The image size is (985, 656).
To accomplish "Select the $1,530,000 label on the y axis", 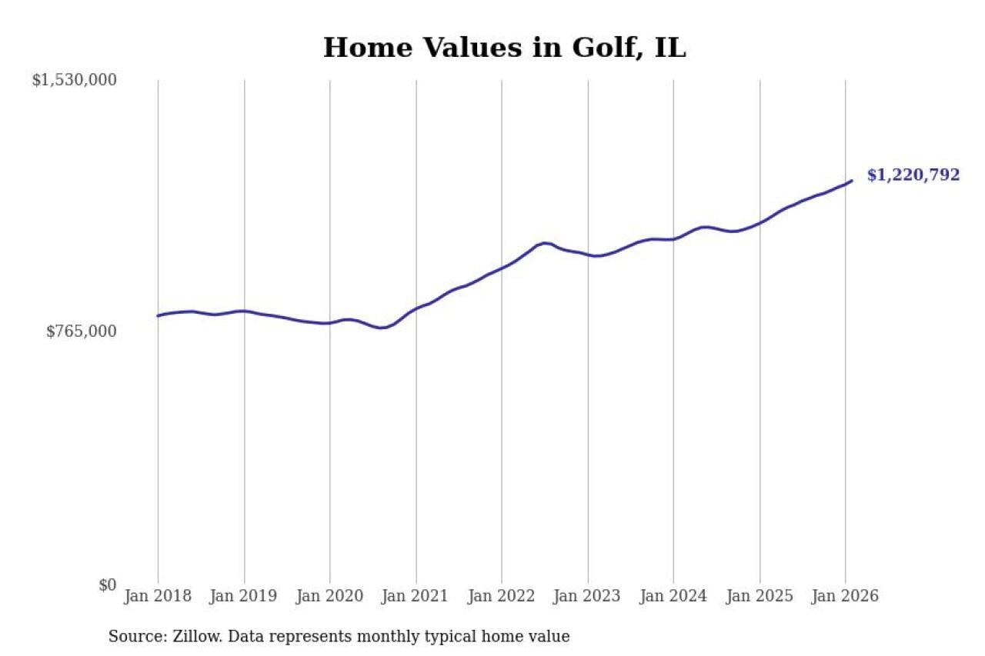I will pos(74,80).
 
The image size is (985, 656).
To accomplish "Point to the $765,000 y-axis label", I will pos(82,331).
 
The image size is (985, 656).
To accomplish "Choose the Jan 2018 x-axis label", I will pos(159,596).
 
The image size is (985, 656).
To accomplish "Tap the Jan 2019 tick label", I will pos(245,596).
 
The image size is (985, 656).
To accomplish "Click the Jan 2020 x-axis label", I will pos(330,596).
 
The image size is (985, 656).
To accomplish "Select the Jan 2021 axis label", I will pos(416,596).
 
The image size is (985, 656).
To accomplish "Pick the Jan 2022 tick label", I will pos(502,596).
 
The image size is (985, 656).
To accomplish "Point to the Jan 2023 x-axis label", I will pos(588,596).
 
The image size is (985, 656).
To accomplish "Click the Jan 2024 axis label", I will pos(673,596).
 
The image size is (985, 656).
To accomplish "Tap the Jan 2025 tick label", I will pos(760,596).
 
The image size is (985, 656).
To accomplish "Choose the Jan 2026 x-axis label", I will pos(845,596).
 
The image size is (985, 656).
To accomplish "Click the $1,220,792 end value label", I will pos(913,175).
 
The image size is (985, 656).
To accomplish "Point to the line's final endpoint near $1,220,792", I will pos(852,181).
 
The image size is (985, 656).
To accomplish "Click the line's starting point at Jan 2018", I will pos(158,315).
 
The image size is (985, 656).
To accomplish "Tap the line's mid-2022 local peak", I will pos(545,243).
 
